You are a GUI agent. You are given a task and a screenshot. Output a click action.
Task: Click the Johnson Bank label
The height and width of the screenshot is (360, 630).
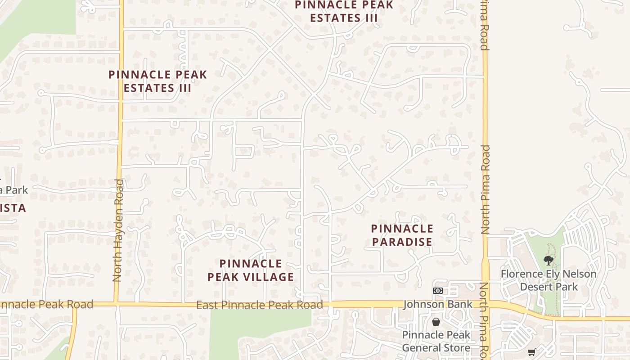[438, 305]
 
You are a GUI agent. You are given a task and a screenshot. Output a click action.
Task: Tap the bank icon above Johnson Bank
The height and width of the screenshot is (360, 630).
[438, 291]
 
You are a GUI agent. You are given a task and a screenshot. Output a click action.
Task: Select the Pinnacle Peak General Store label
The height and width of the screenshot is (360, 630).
[436, 341]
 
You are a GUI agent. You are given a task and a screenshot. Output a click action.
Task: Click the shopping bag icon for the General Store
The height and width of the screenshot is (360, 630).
[436, 322]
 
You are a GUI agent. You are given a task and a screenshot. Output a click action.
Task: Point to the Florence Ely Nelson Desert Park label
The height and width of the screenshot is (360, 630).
[549, 280]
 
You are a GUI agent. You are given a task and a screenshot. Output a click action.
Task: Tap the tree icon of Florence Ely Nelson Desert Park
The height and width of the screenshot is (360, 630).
[548, 260]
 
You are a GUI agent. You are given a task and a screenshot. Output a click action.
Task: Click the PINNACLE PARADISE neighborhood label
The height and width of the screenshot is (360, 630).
[402, 235]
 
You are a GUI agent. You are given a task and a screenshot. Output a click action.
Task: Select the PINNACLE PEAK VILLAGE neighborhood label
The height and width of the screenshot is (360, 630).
[251, 270]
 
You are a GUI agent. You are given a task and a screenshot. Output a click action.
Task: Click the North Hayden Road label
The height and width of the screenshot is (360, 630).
[118, 230]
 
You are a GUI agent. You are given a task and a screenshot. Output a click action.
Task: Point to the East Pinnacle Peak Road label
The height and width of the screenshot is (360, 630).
[260, 305]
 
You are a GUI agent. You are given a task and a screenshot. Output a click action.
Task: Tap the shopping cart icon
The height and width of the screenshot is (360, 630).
[531, 352]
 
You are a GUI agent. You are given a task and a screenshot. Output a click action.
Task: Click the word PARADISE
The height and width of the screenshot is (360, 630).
[402, 242]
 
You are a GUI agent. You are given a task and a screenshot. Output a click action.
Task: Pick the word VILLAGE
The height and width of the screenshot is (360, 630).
[270, 277]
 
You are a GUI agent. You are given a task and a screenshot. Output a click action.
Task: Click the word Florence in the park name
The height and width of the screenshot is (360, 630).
[524, 274]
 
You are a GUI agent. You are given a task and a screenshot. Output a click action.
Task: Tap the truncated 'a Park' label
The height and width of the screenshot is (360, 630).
[13, 190]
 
